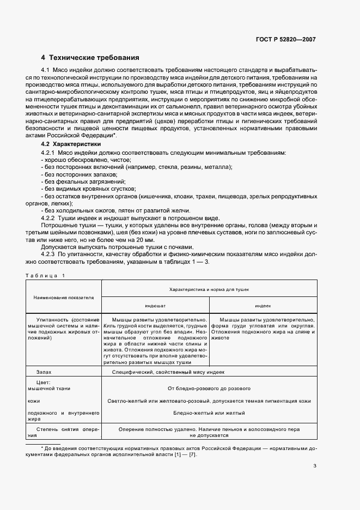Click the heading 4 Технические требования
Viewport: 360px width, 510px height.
point(90,57)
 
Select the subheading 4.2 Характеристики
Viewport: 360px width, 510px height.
point(71,144)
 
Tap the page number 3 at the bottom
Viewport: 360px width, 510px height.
point(315,466)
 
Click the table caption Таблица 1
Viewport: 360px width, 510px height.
point(45,275)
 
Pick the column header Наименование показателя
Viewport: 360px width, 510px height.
point(64,298)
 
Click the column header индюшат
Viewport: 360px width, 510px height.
point(155,306)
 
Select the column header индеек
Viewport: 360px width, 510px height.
point(263,306)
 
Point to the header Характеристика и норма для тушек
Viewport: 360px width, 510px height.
point(209,290)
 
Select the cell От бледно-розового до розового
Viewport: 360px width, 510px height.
point(209,388)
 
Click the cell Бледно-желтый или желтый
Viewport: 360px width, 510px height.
point(209,413)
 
